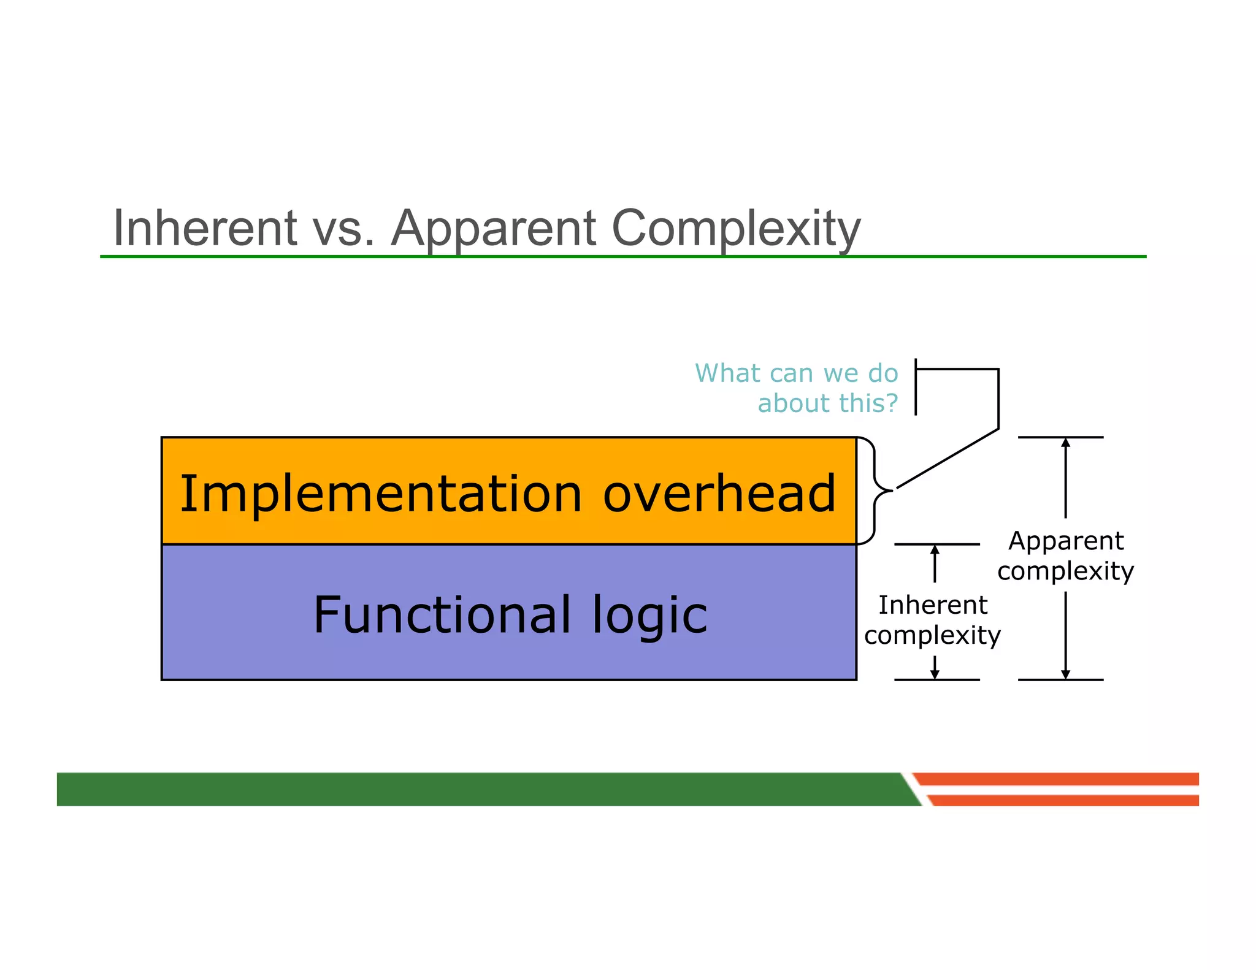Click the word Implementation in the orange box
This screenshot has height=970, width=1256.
click(380, 494)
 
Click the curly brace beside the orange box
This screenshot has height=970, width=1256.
click(875, 491)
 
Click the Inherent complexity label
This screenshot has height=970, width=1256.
click(932, 619)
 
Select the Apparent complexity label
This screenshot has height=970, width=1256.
click(1066, 556)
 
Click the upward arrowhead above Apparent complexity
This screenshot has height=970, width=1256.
click(1066, 443)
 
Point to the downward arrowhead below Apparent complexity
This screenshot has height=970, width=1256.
click(1066, 674)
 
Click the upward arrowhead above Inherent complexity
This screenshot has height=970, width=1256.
click(935, 549)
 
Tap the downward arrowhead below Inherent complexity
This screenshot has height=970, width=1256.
click(935, 674)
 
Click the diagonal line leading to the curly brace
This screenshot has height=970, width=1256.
click(948, 459)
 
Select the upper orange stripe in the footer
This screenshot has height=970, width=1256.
click(1055, 779)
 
